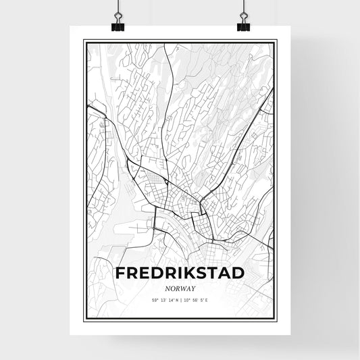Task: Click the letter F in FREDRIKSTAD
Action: click(x=122, y=274)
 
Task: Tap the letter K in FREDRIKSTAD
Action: click(x=183, y=274)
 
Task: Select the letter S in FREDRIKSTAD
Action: click(x=197, y=274)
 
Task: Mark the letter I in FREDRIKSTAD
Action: click(x=173, y=274)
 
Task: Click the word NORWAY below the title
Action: click(x=180, y=288)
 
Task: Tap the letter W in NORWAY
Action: click(x=183, y=288)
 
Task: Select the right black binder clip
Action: click(x=243, y=26)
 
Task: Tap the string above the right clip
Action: click(x=243, y=8)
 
